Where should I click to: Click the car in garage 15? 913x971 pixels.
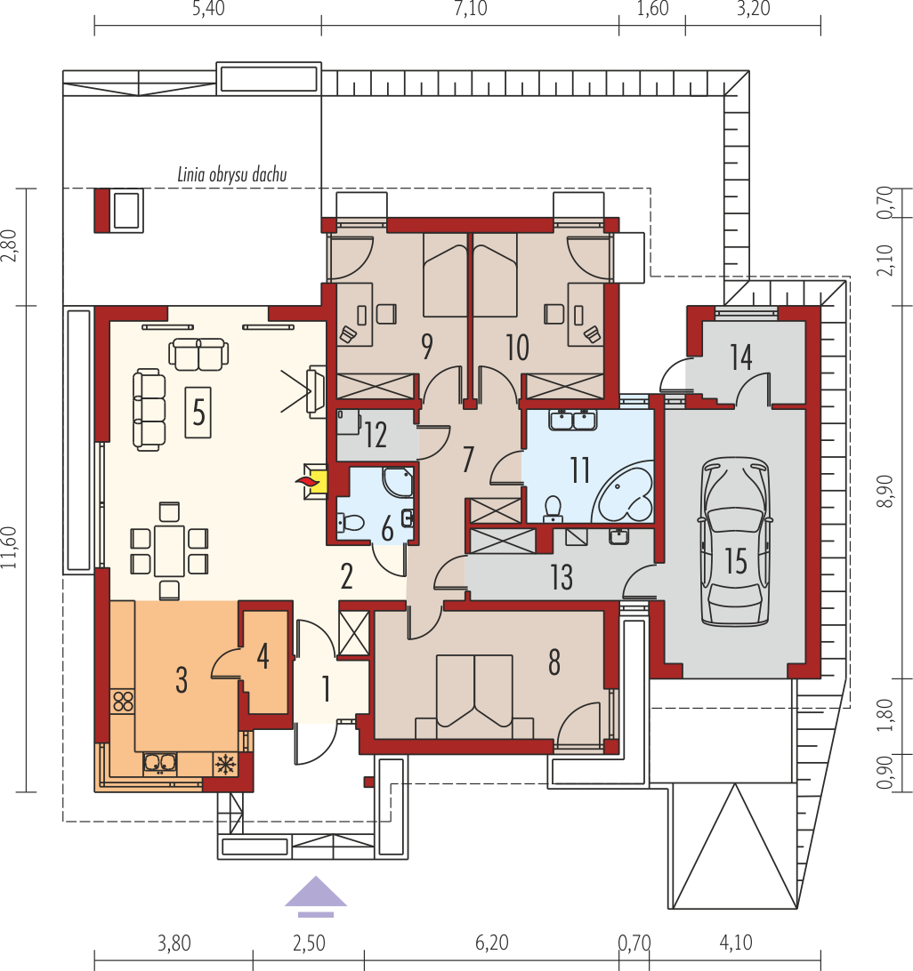[x=735, y=542]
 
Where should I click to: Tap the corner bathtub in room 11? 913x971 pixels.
[x=623, y=491]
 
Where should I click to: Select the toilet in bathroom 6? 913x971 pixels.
[x=351, y=523]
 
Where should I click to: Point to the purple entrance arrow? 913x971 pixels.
[x=316, y=896]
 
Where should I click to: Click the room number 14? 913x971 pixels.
[x=740, y=357]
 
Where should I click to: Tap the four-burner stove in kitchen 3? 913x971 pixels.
[x=123, y=702]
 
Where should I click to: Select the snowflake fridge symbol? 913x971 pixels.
[x=226, y=764]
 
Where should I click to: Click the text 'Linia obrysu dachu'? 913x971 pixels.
[x=232, y=174]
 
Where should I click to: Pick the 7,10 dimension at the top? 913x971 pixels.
[x=471, y=9]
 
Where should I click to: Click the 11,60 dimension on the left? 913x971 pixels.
[x=9, y=548]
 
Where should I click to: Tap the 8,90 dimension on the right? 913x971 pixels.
[x=885, y=492]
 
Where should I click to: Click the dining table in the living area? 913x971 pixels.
[x=169, y=550]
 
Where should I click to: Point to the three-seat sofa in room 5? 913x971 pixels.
[x=149, y=409]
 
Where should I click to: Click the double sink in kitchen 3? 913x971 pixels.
[x=160, y=764]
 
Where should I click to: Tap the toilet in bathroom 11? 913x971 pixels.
[x=553, y=509]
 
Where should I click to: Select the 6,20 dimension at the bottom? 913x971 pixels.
[x=491, y=943]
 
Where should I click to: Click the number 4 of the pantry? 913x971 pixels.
[x=263, y=656]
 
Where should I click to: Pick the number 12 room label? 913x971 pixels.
[x=376, y=435]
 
